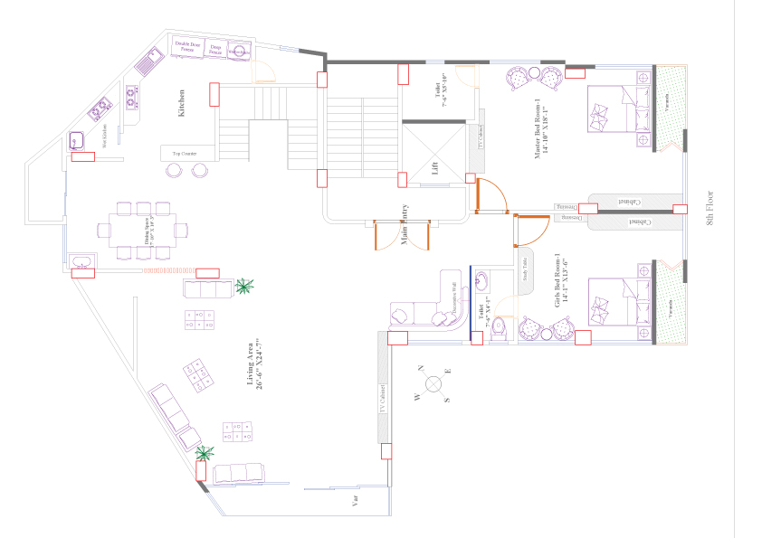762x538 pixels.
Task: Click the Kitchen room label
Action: coord(181,102)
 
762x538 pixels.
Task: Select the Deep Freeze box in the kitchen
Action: coord(215,50)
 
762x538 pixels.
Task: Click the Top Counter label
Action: coord(184,154)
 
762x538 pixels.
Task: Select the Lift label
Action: coord(435,166)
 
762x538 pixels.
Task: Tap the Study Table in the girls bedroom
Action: coord(524,271)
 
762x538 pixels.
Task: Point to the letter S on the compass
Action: coord(446,399)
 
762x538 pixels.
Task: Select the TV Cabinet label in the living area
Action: coord(383,398)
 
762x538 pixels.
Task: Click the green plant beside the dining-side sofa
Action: coord(243,287)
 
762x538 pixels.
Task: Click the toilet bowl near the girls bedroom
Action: coord(496,335)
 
